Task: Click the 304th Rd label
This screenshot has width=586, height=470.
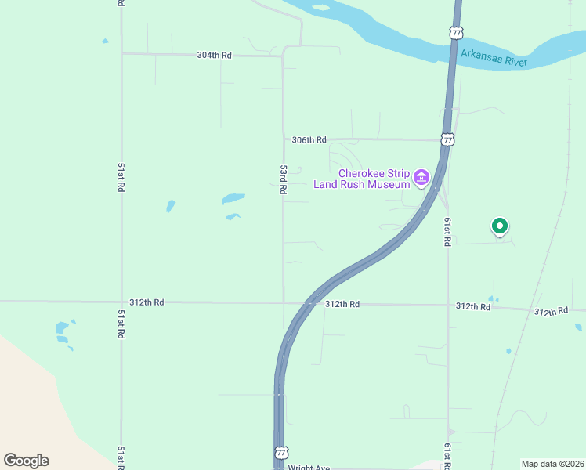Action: pos(215,55)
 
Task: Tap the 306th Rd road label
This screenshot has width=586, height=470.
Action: pos(308,140)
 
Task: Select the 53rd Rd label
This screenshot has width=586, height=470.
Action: pos(284,180)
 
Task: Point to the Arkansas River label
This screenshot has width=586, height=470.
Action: pos(494,56)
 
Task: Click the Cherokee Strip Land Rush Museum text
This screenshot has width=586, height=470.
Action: pos(363,179)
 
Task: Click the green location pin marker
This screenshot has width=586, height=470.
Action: pos(500,226)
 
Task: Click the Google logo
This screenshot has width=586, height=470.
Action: pos(26,460)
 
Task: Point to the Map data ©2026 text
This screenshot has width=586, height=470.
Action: pos(552,464)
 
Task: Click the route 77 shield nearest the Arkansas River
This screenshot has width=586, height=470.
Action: pos(456,33)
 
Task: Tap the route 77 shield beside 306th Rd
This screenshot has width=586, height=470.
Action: pos(447,140)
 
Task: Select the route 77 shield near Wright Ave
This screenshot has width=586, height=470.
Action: pos(281,454)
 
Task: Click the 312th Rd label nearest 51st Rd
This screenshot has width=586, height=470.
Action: pos(147,302)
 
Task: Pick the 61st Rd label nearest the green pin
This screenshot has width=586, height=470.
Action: pos(447,232)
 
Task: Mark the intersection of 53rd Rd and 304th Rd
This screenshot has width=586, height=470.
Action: pos(283,55)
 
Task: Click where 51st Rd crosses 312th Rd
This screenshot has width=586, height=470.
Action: pos(121,302)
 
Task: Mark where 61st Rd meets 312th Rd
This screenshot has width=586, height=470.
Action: pos(447,305)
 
